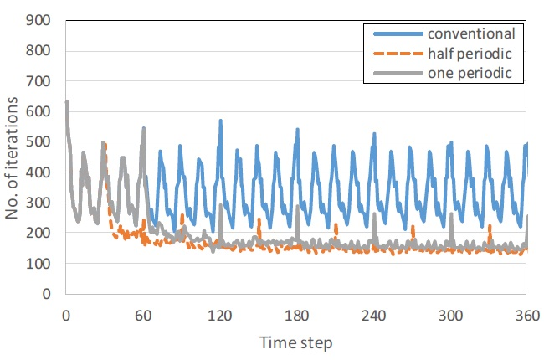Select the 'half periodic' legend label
point(469,54)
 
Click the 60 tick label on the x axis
point(142,315)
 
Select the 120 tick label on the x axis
point(220,315)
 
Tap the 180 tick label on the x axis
point(296,315)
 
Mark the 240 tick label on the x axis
point(373,315)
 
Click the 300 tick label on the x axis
point(450,315)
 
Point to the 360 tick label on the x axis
point(526,315)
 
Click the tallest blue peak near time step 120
point(220,121)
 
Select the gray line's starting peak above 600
point(67,103)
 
